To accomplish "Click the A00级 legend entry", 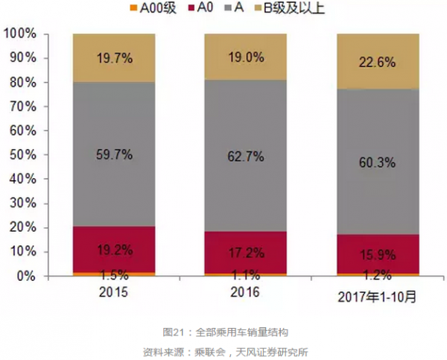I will coord(156,9).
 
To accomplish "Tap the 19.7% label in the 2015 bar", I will coord(114,58).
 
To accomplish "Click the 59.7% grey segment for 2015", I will coord(114,154).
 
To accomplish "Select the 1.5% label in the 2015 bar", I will coord(114,273).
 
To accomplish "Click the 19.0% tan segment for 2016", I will coord(246,57).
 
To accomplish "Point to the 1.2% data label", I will coord(377,273).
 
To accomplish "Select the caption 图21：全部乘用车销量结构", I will coord(223,331).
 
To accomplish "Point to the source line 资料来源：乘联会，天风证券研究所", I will coord(223,350).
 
